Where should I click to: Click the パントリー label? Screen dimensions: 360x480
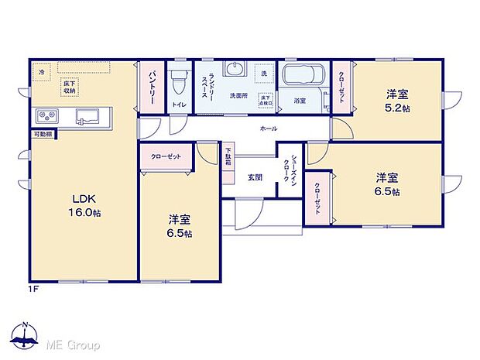153,87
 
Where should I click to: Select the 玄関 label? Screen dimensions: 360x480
255,177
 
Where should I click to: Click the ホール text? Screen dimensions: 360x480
269,129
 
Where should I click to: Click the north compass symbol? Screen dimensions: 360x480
26,336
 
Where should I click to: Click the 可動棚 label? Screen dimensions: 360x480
43,135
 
